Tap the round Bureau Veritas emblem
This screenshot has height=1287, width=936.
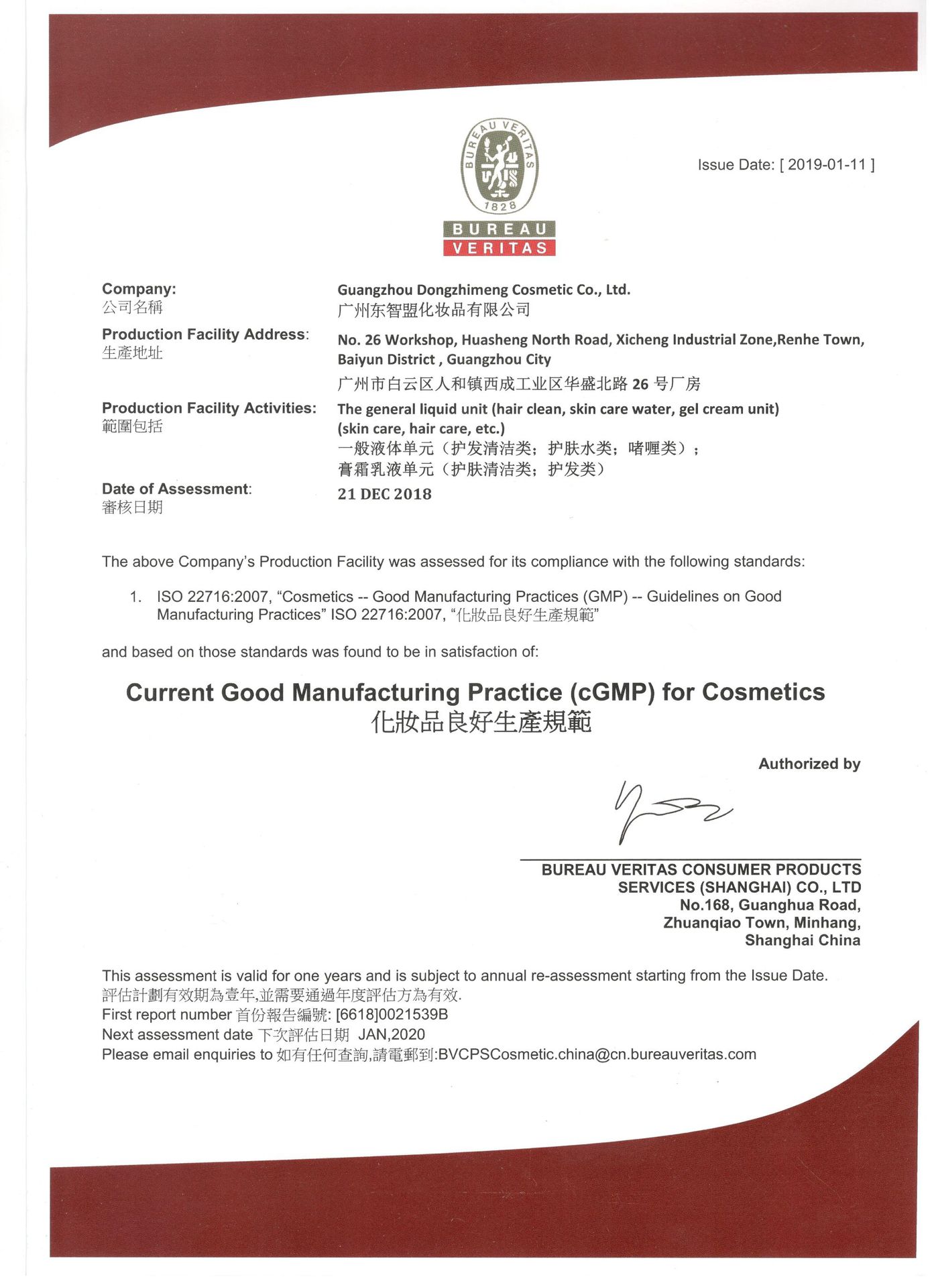click(x=500, y=166)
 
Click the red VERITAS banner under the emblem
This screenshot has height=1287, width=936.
click(x=500, y=248)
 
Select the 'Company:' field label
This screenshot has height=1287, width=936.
click(x=139, y=289)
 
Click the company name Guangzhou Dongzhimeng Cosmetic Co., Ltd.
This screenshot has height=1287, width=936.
click(x=483, y=290)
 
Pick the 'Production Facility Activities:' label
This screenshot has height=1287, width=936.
click(x=209, y=408)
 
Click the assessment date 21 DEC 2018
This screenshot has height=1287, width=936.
click(x=384, y=494)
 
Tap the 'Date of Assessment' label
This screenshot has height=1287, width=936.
click(x=176, y=489)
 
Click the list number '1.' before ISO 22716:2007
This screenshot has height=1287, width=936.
click(x=136, y=597)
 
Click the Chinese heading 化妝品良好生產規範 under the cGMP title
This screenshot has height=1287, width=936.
click(x=481, y=723)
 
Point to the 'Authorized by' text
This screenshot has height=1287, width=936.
click(x=809, y=764)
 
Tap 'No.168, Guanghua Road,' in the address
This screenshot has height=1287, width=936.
click(x=770, y=906)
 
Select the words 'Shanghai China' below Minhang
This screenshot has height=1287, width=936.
click(x=802, y=941)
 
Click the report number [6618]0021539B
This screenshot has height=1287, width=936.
click(x=392, y=1015)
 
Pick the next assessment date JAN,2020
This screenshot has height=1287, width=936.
click(x=392, y=1035)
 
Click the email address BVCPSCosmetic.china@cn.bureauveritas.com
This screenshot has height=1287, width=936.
click(x=597, y=1054)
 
